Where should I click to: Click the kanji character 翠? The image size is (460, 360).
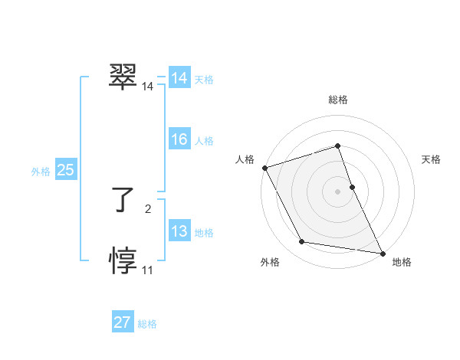coord(123,77)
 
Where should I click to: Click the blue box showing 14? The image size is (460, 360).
coord(179,78)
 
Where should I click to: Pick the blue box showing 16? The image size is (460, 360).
coord(179,139)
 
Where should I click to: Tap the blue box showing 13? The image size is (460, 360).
coord(179,231)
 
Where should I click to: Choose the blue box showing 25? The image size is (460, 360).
coord(65,170)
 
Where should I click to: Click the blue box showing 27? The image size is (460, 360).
coord(122,322)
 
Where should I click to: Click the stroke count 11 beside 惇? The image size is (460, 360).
coord(147,270)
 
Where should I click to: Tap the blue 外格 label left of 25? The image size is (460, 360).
coord(41,172)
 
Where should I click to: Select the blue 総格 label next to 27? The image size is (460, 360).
coord(147,324)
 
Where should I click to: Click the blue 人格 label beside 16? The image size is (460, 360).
coord(204,141)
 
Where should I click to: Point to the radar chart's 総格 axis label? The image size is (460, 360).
coord(337,100)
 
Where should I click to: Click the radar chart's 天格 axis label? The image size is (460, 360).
coord(431,159)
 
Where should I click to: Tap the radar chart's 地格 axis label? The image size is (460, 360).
coord(402,262)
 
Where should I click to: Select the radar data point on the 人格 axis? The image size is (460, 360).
coord(264,168)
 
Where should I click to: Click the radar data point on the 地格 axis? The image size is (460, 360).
coord(382,252)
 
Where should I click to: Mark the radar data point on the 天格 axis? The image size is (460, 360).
coord(352,186)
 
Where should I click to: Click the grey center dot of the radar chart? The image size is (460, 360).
coord(337,191)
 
